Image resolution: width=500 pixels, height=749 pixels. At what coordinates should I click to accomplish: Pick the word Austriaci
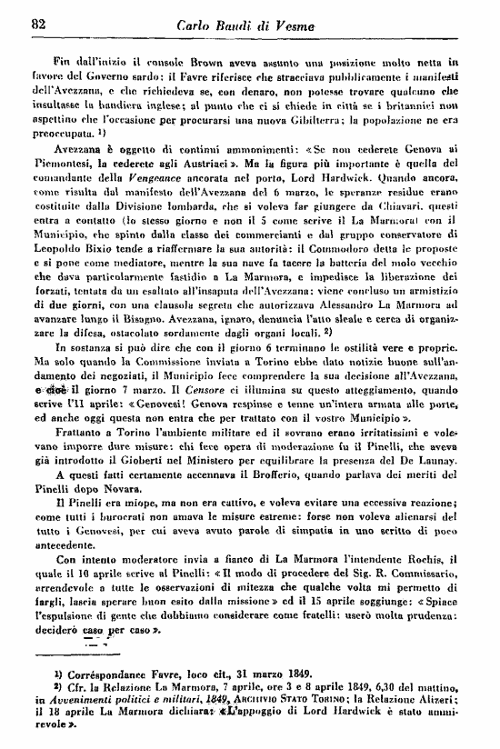(202, 164)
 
